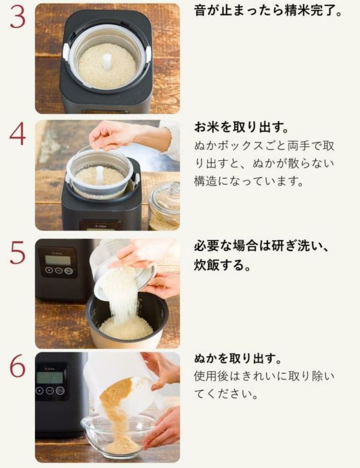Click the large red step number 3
(17, 17)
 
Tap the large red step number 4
(17, 134)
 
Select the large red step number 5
(17, 253)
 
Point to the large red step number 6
(17, 366)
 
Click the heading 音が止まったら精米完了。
(268, 11)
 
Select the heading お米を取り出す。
(242, 127)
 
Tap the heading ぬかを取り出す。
(238, 358)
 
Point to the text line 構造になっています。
(248, 181)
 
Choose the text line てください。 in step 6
(226, 394)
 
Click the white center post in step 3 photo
(107, 62)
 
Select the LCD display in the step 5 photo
(58, 259)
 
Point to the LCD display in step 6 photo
(50, 377)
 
